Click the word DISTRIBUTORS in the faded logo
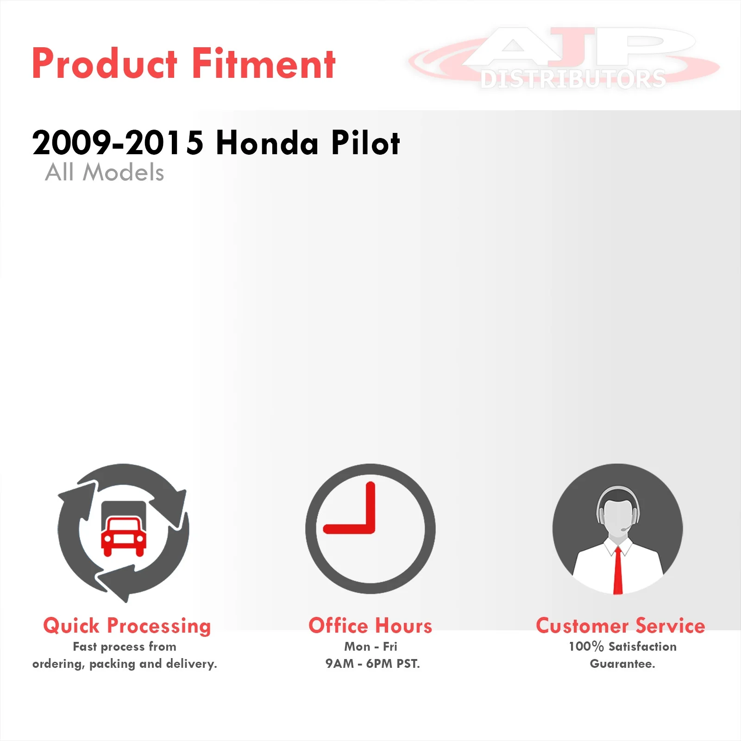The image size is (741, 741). coord(573,79)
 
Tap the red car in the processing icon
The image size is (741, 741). coord(124,536)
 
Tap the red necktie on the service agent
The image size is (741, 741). coord(618,570)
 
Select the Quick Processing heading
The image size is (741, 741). coord(127,626)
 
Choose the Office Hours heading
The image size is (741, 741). coord(370,626)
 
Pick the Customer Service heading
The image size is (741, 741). coord(621,626)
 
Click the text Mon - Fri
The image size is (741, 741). coord(370,647)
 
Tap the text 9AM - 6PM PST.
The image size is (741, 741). coord(372,664)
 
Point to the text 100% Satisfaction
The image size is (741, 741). coord(622,647)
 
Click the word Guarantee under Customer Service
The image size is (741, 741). coord(622,664)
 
